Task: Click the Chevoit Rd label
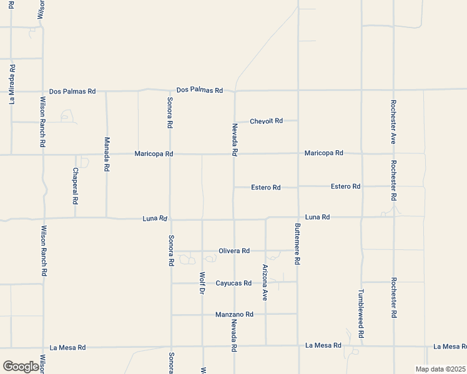[266, 121]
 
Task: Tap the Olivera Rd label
[234, 251]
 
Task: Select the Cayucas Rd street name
[234, 283]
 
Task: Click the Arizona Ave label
[265, 283]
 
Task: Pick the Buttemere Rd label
[298, 244]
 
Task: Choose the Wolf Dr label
[202, 283]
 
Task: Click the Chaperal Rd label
[76, 186]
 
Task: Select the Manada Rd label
[107, 154]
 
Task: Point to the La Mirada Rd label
[12, 83]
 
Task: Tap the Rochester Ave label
[393, 122]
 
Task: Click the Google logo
[21, 367]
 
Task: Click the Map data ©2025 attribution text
[440, 369]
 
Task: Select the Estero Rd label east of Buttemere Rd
[345, 186]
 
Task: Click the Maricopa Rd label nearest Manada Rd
[154, 154]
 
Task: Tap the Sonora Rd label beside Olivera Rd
[170, 251]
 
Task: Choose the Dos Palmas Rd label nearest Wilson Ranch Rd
[72, 91]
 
